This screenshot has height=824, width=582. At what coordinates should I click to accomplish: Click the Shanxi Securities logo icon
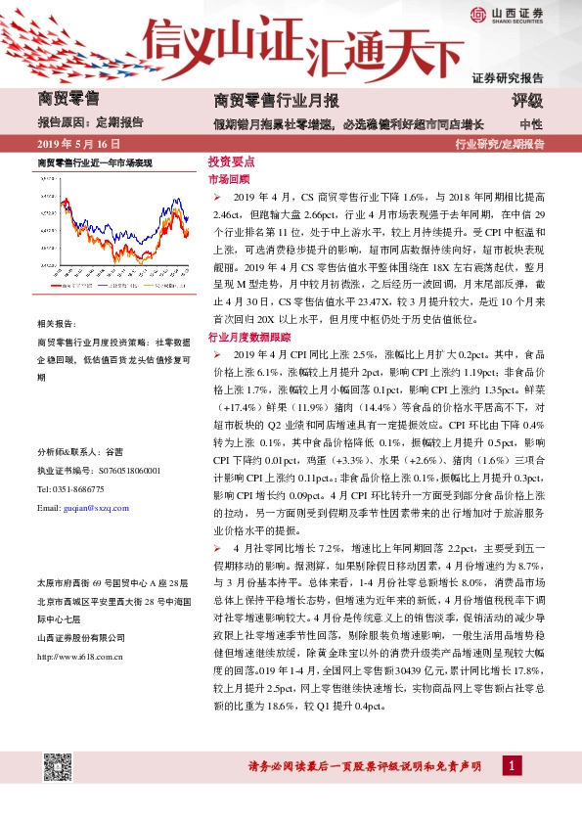(x=478, y=13)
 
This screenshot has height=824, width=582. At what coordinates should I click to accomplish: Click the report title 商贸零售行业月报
(x=276, y=101)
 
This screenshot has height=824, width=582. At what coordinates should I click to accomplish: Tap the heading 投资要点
(x=231, y=162)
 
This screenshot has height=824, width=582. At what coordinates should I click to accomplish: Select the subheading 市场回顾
(x=229, y=180)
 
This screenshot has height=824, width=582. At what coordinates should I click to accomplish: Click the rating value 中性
(x=531, y=124)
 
